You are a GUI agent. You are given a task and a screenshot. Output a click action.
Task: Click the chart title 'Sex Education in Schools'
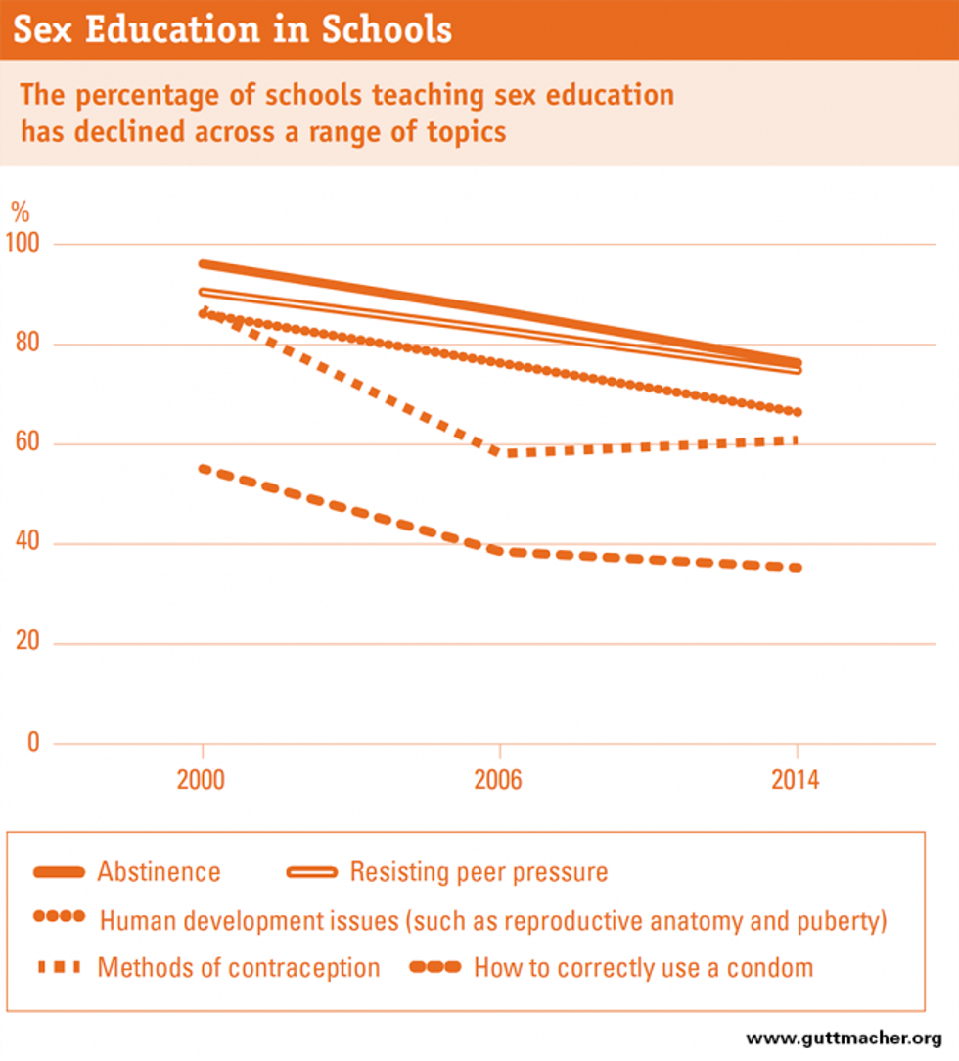[x=232, y=29]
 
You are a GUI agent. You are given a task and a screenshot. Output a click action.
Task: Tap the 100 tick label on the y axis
[x=26, y=244]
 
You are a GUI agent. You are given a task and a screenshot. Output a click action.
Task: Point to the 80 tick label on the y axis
[x=26, y=345]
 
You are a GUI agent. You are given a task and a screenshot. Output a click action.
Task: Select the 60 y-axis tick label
[x=26, y=444]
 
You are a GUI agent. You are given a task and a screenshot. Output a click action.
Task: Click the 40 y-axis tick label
[x=26, y=544]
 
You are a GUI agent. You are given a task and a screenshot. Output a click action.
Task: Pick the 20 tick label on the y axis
[x=26, y=644]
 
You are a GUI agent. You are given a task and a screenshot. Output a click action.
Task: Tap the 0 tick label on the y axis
[x=33, y=744]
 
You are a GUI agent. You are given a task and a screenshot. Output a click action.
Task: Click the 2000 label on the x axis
[x=203, y=783]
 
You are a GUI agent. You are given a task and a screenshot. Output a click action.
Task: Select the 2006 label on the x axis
[x=500, y=783]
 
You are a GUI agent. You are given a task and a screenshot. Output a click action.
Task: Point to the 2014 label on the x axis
[x=798, y=783]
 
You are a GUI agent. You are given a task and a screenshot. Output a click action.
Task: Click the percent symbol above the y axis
[x=20, y=210]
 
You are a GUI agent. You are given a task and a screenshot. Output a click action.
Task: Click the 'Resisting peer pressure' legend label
[x=479, y=871]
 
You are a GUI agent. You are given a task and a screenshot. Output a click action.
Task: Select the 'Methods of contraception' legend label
[x=238, y=968]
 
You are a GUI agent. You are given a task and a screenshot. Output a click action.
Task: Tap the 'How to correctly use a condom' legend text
[x=643, y=968]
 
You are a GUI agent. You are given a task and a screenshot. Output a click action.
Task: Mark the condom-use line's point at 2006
[x=500, y=552]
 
